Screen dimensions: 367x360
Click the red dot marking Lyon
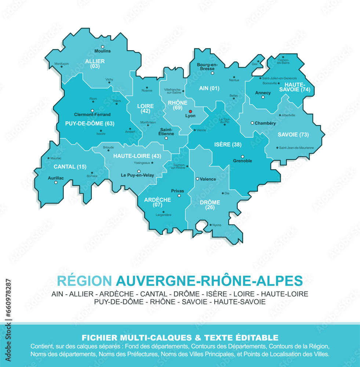coord(190,111)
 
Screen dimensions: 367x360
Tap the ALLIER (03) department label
coord(95,63)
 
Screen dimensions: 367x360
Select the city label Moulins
coord(102,51)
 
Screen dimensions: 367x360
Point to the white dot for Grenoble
coord(242,157)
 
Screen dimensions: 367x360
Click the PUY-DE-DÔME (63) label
coord(90,123)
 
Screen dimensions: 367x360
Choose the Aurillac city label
coord(56,178)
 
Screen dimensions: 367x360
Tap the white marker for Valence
coord(197,179)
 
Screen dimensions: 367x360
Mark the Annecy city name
coord(263,93)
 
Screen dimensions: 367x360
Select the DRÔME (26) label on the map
coord(210,205)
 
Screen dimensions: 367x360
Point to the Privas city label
coord(177,191)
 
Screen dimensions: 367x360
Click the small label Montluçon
coord(61,63)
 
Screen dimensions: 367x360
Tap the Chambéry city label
coord(265,123)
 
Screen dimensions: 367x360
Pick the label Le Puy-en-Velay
coord(138,175)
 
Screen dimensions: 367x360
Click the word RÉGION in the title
coord(84,281)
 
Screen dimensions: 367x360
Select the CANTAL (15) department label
coord(70,167)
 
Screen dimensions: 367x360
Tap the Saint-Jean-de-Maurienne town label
coord(297,148)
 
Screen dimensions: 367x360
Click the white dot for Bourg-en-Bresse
coord(212,73)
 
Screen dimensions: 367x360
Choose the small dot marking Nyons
coord(210,225)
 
